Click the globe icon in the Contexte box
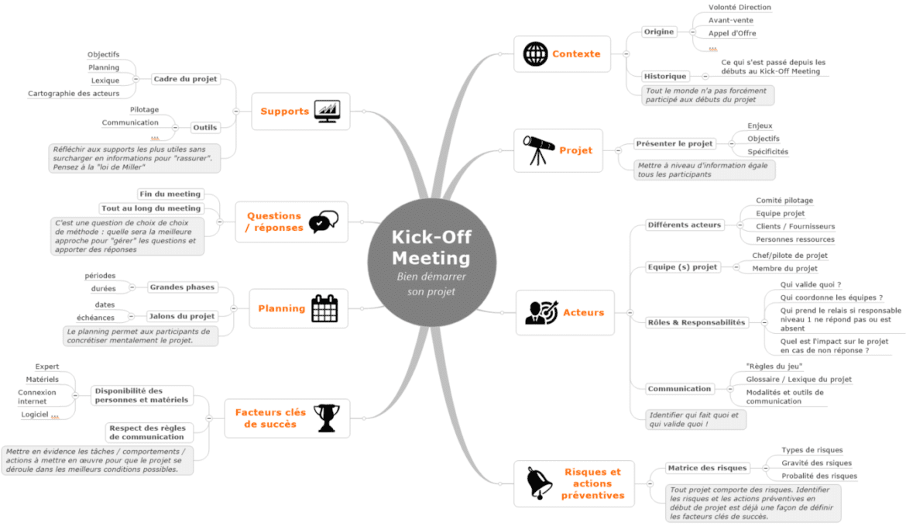point(535,53)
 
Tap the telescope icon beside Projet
point(538,150)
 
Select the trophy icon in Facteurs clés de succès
point(327,418)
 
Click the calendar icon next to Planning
point(324,308)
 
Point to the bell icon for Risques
point(539,483)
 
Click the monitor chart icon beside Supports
point(327,111)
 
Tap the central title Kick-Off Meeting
point(431,247)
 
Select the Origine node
point(659,32)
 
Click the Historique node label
point(665,76)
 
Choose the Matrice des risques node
point(707,468)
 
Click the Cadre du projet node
point(186,79)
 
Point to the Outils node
point(205,128)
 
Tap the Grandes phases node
point(182,287)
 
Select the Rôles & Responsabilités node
point(696,322)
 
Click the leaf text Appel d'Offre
point(732,33)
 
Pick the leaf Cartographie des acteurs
point(74,94)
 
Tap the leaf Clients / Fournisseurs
point(795,226)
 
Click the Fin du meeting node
point(170,194)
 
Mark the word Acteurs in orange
point(584,313)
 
